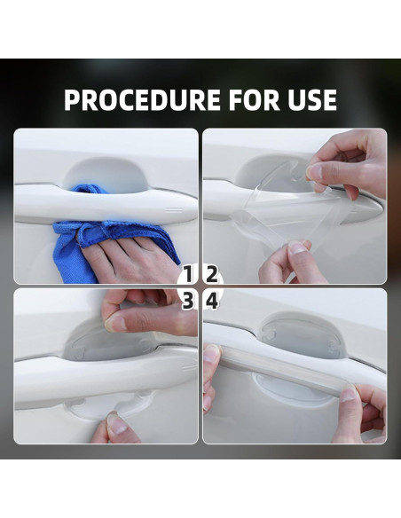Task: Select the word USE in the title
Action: pos(309,100)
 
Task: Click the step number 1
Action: pos(188,274)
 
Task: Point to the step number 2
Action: pos(212,274)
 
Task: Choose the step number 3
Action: pos(188,301)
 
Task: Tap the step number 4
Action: pos(212,301)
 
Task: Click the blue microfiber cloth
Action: pos(98,226)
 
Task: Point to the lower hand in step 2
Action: pos(288,263)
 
